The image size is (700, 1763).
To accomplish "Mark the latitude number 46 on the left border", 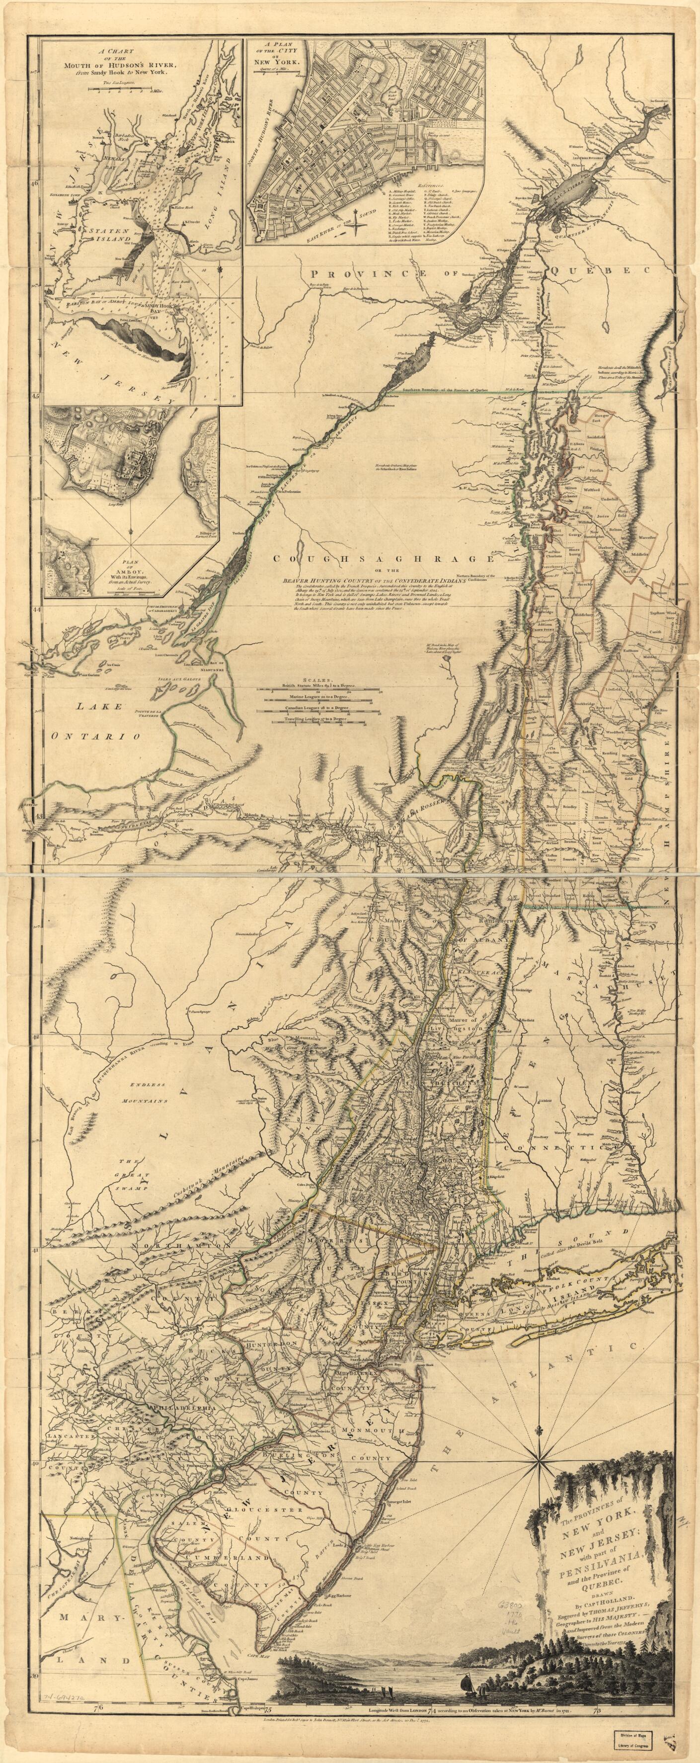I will (x=36, y=183).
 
